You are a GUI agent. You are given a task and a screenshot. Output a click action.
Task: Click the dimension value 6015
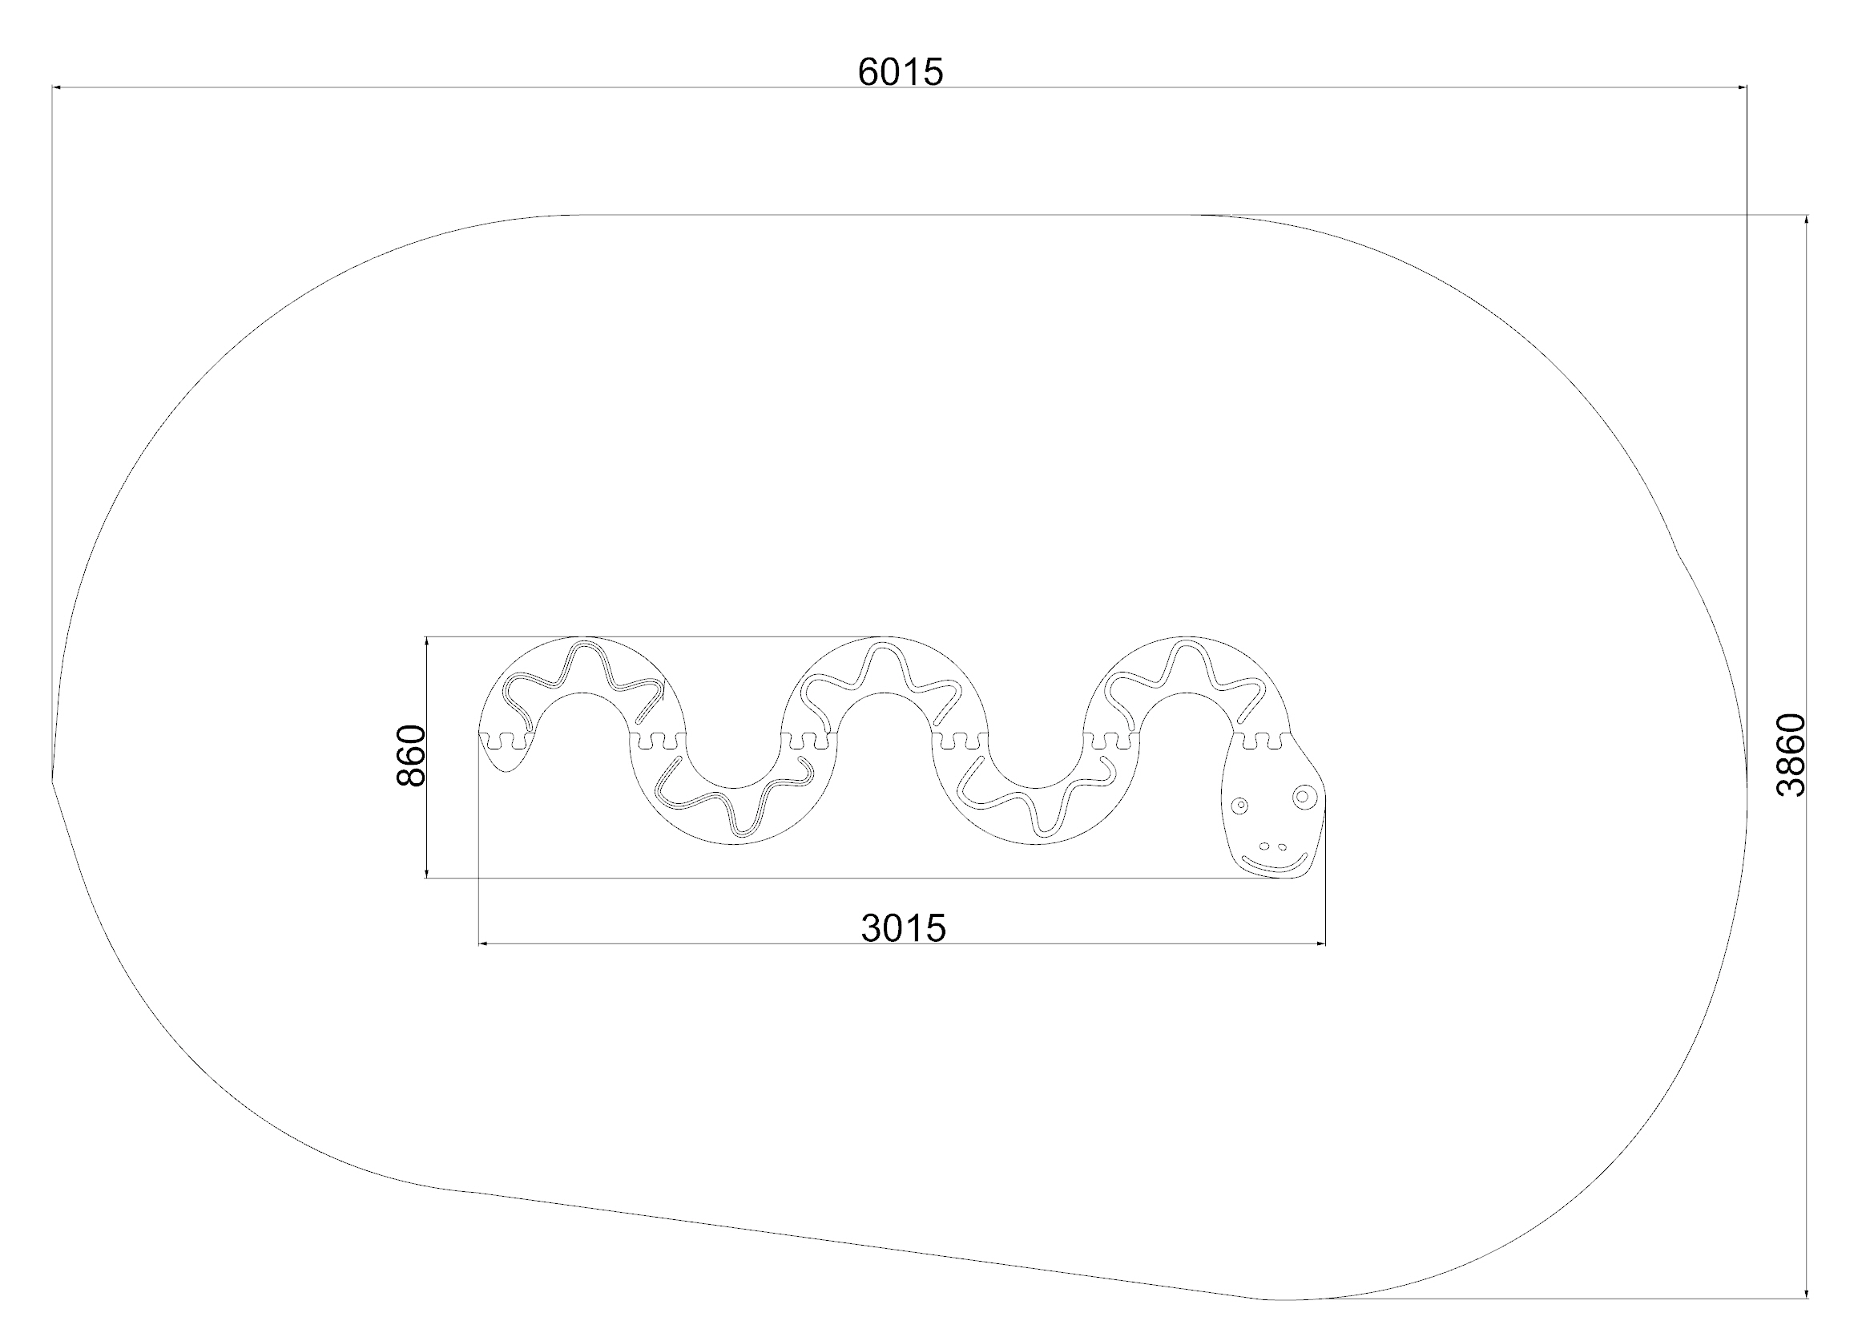pos(901,73)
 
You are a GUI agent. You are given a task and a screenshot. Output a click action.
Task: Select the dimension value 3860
pos(1792,754)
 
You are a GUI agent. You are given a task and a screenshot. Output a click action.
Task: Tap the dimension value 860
pos(411,755)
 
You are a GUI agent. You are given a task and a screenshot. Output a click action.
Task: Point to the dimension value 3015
pos(904,928)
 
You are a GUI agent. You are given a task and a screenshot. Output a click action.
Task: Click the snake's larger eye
pos(1303,795)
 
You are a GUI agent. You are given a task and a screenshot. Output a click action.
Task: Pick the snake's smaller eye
pos(1239,806)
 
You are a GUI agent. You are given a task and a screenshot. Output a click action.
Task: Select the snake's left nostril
pos(1264,846)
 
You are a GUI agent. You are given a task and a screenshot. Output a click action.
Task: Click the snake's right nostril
pos(1281,846)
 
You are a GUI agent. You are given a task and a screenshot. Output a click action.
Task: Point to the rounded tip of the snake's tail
pos(506,770)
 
